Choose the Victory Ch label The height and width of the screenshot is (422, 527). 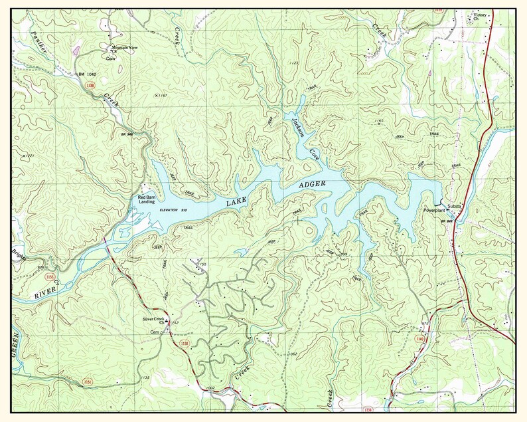[479, 16]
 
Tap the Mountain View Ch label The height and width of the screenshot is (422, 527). [123, 49]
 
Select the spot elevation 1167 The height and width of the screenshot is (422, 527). [160, 96]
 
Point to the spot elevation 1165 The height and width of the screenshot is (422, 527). [379, 120]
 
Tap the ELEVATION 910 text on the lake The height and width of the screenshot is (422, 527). [175, 210]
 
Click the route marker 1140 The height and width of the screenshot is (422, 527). [418, 338]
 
